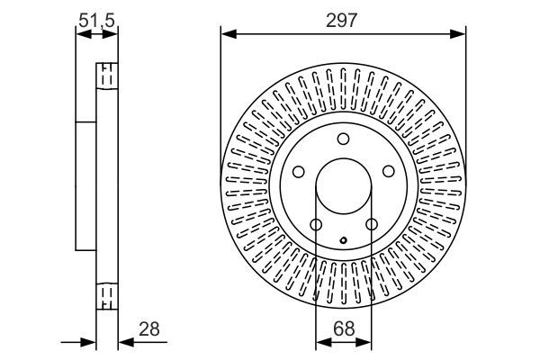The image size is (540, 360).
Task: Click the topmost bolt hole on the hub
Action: tap(343, 139)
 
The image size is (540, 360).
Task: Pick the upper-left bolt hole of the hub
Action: tap(298, 171)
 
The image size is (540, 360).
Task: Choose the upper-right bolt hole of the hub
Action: tap(388, 171)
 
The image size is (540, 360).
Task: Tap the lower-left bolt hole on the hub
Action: tap(315, 224)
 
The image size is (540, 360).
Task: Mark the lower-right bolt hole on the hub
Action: tap(371, 224)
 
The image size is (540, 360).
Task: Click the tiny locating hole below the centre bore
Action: tap(343, 239)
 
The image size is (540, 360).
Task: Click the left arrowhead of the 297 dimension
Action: tap(228, 35)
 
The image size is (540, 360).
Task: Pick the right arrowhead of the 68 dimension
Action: tap(365, 342)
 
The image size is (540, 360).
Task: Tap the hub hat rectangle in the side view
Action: tap(85, 186)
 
